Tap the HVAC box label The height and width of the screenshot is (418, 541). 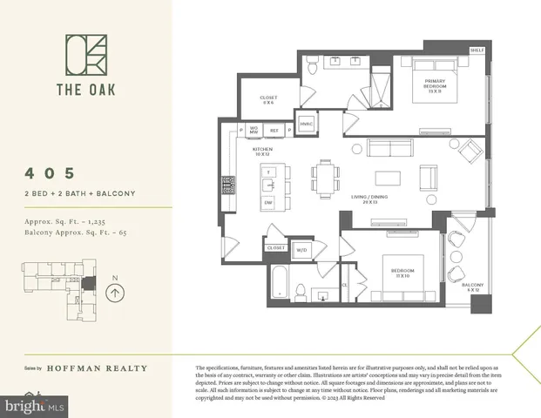point(307,124)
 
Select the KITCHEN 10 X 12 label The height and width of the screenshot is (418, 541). point(263,152)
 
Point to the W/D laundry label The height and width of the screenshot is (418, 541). point(302,250)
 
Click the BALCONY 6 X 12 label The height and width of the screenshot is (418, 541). point(472,287)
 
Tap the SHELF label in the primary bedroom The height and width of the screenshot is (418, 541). point(477,51)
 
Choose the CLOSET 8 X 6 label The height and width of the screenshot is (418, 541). point(267,100)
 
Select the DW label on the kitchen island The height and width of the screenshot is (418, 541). point(268,202)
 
